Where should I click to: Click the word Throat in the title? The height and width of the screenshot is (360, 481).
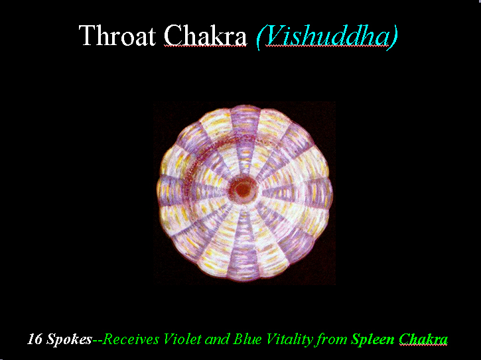[x=117, y=35]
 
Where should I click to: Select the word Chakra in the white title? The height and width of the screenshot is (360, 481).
[x=205, y=35]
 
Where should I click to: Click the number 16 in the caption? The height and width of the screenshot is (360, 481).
[x=35, y=339]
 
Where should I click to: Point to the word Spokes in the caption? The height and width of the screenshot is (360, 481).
[x=69, y=340]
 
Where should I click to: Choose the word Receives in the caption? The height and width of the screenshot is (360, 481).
[x=131, y=339]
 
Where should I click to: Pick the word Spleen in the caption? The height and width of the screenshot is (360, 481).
[x=373, y=340]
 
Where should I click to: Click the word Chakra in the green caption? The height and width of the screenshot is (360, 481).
[x=423, y=339]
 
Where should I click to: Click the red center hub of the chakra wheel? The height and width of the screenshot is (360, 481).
[x=243, y=190]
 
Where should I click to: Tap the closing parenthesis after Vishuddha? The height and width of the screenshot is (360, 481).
[x=393, y=37]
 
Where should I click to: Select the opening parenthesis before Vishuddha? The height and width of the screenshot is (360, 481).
[x=261, y=37]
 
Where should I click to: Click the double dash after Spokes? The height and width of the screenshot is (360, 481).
[x=98, y=340]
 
